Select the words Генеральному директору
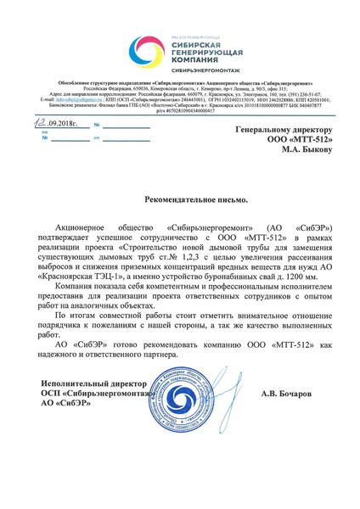(284, 131)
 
